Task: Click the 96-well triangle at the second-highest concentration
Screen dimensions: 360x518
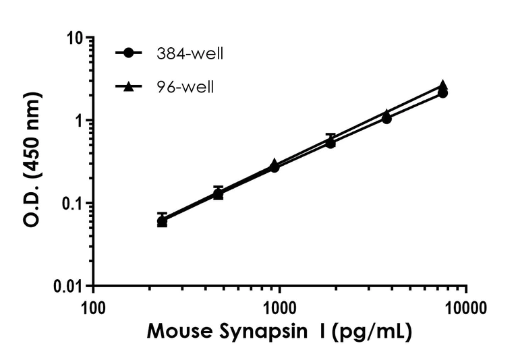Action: (386, 113)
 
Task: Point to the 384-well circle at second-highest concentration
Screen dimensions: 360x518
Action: (386, 119)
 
